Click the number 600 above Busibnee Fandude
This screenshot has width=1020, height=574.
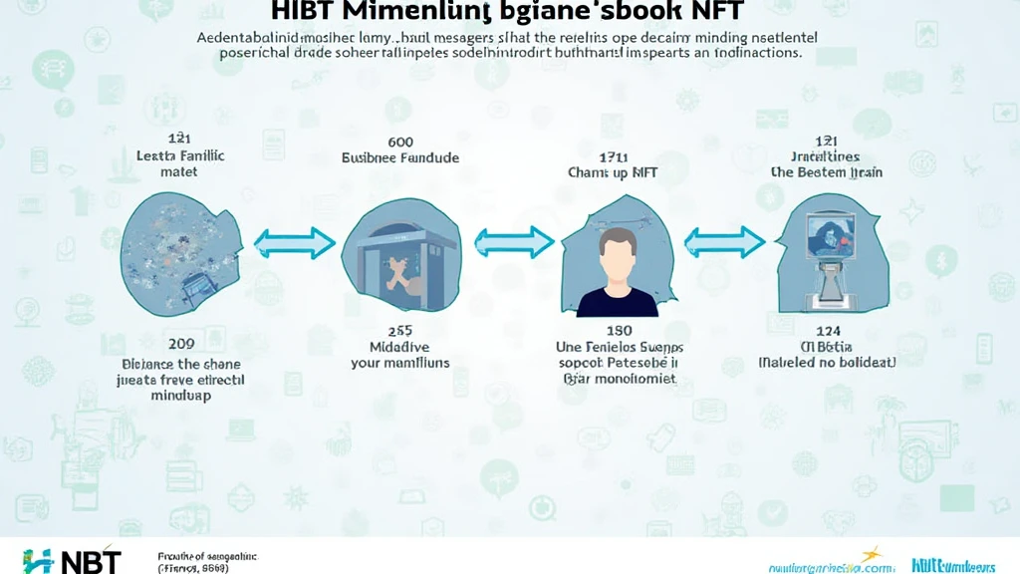[x=399, y=143]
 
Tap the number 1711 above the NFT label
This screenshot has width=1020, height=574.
[x=612, y=156]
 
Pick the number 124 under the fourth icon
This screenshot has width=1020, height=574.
[x=826, y=330]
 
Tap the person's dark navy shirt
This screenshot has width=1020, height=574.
[x=617, y=300]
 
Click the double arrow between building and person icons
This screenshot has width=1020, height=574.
[x=513, y=241]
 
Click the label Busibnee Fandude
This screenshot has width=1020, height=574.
[x=399, y=157]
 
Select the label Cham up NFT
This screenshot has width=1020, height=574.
[x=612, y=172]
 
